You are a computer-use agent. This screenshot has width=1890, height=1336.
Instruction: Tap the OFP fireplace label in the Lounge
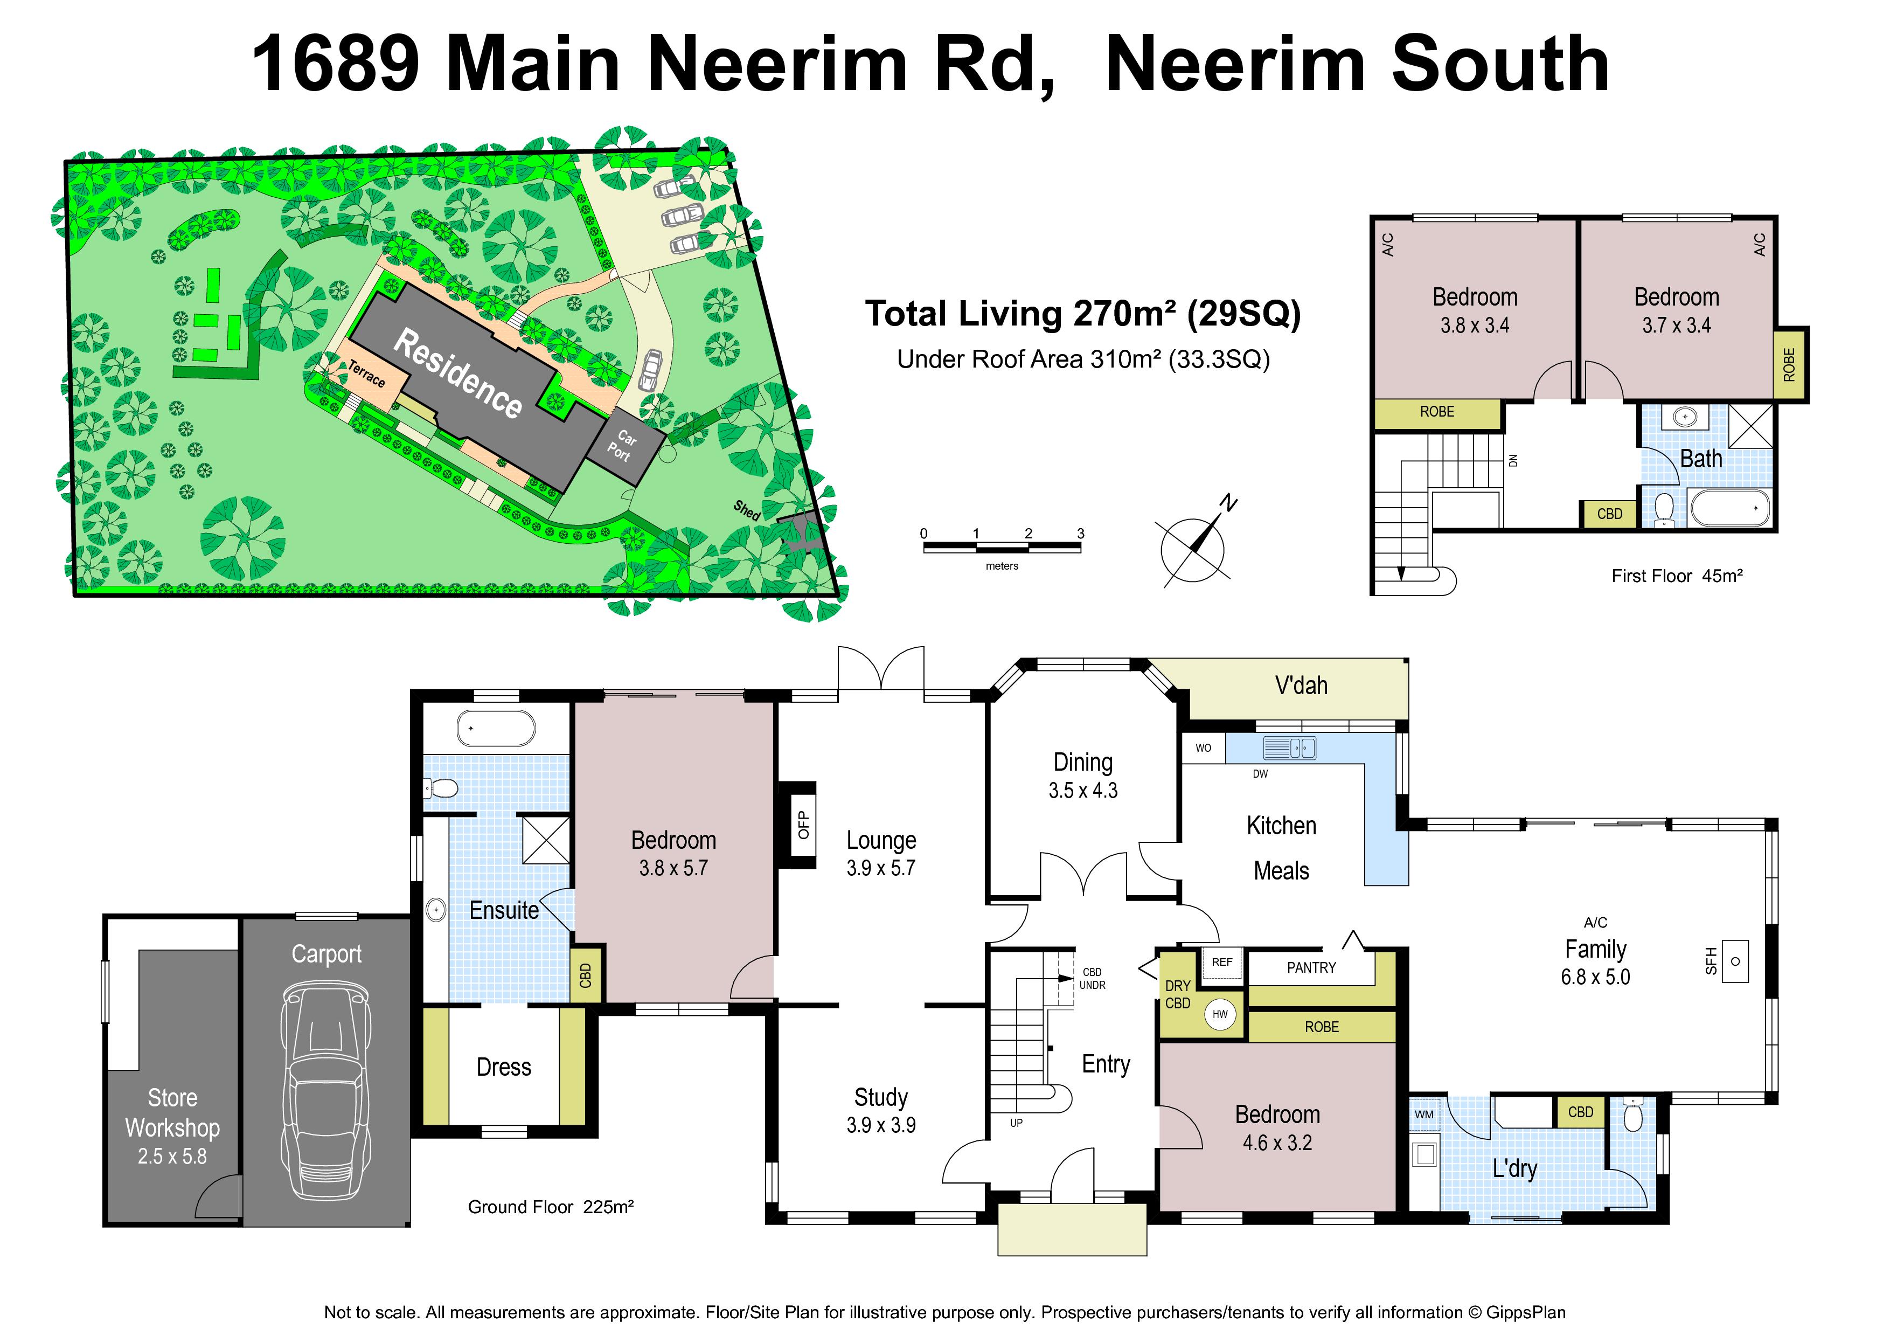click(803, 824)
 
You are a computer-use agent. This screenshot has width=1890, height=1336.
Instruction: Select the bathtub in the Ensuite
click(496, 729)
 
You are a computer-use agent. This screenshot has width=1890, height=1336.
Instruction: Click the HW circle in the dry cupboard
click(1220, 1014)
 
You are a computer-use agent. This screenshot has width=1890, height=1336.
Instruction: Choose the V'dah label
click(1301, 686)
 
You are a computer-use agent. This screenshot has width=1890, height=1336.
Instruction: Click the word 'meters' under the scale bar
click(1002, 566)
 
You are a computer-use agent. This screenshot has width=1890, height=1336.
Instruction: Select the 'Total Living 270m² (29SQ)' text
click(1082, 314)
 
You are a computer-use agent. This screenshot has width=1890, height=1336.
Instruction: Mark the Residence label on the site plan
click(457, 373)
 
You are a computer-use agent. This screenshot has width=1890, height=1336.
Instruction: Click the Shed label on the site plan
click(747, 510)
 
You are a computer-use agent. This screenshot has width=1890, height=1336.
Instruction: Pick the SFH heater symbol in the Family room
click(1734, 961)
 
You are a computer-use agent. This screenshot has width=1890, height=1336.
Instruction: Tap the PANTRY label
click(1311, 968)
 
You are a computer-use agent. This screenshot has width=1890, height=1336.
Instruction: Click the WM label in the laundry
click(1424, 1115)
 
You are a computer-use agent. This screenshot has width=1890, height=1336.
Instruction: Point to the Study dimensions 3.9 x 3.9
click(881, 1125)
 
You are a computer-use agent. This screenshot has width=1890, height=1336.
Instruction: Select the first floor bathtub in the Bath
click(1729, 508)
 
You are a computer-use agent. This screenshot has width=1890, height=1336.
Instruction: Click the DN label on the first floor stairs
click(1513, 461)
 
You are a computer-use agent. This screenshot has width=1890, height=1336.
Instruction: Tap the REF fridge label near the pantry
click(1222, 961)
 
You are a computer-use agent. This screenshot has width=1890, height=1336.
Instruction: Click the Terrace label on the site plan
click(366, 373)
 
